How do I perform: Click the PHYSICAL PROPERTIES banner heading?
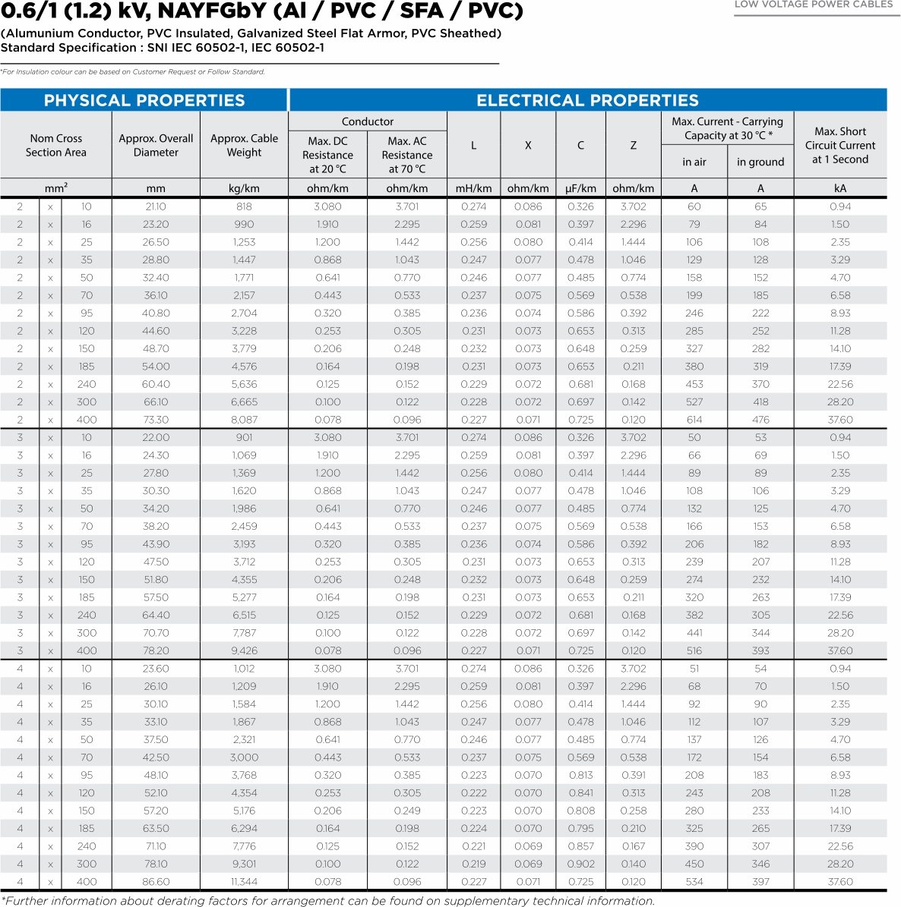pos(144,100)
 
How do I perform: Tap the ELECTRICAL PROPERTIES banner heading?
pos(587,100)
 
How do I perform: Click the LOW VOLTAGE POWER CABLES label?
pos(814,5)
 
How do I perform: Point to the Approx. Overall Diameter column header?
pos(156,145)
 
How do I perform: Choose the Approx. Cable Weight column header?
pos(244,145)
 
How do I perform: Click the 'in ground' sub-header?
pos(760,162)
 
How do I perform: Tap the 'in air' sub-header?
pos(694,162)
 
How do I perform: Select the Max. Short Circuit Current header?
pos(840,145)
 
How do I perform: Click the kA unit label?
pos(840,188)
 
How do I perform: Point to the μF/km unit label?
pos(580,188)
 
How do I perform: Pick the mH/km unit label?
pos(473,188)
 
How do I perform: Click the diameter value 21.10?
pos(156,206)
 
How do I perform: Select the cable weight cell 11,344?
pos(244,882)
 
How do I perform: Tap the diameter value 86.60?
pos(156,882)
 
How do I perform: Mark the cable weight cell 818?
pos(244,206)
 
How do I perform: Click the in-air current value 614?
pos(694,420)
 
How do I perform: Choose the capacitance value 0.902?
pos(580,864)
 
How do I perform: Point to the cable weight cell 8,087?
pos(244,420)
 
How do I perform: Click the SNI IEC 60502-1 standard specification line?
pos(163,48)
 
